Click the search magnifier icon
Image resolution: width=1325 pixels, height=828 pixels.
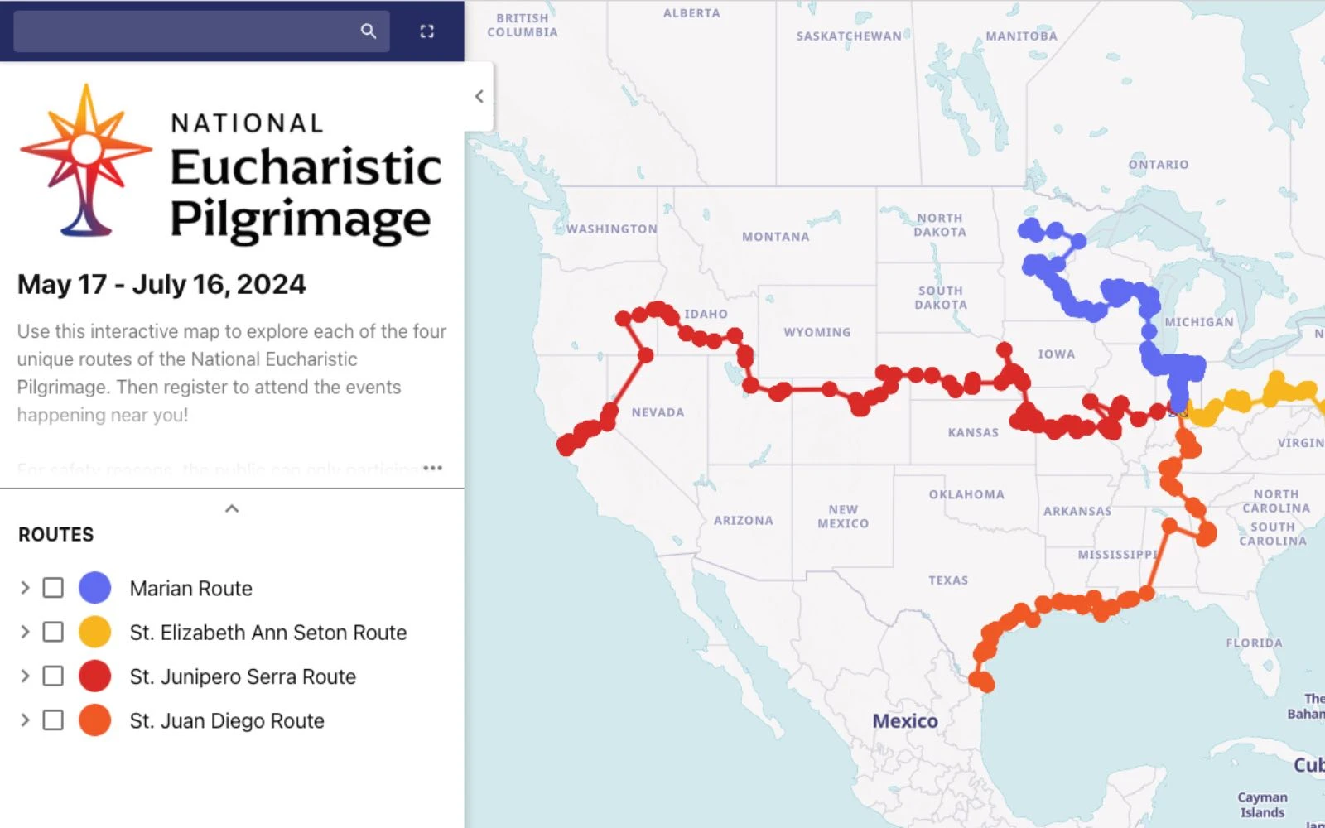(369, 31)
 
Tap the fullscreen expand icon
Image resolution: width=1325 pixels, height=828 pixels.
(427, 31)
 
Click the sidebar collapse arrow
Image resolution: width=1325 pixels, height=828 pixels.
(479, 97)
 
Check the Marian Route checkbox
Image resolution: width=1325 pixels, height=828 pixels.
(53, 588)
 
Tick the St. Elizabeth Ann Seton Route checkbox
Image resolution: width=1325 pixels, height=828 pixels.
(53, 632)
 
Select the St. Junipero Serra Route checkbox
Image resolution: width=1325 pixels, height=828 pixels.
(53, 676)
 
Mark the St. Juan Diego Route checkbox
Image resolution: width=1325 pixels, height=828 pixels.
(53, 720)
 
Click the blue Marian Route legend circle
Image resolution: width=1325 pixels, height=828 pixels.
(95, 588)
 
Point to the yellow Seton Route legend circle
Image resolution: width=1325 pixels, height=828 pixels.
(95, 632)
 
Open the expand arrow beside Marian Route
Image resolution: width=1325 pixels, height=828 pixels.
(25, 588)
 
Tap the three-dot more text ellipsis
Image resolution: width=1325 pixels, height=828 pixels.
(432, 468)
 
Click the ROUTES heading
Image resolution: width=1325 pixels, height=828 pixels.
(56, 535)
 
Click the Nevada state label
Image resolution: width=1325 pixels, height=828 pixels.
(658, 412)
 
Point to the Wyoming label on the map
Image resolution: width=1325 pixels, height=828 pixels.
(817, 332)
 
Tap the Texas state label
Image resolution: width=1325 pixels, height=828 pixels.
(948, 580)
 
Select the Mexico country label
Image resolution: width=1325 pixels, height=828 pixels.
(905, 721)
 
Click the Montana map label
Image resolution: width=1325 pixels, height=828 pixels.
(775, 237)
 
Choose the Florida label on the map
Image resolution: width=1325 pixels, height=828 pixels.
(1254, 643)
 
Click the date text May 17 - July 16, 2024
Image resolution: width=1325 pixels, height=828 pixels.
(161, 285)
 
